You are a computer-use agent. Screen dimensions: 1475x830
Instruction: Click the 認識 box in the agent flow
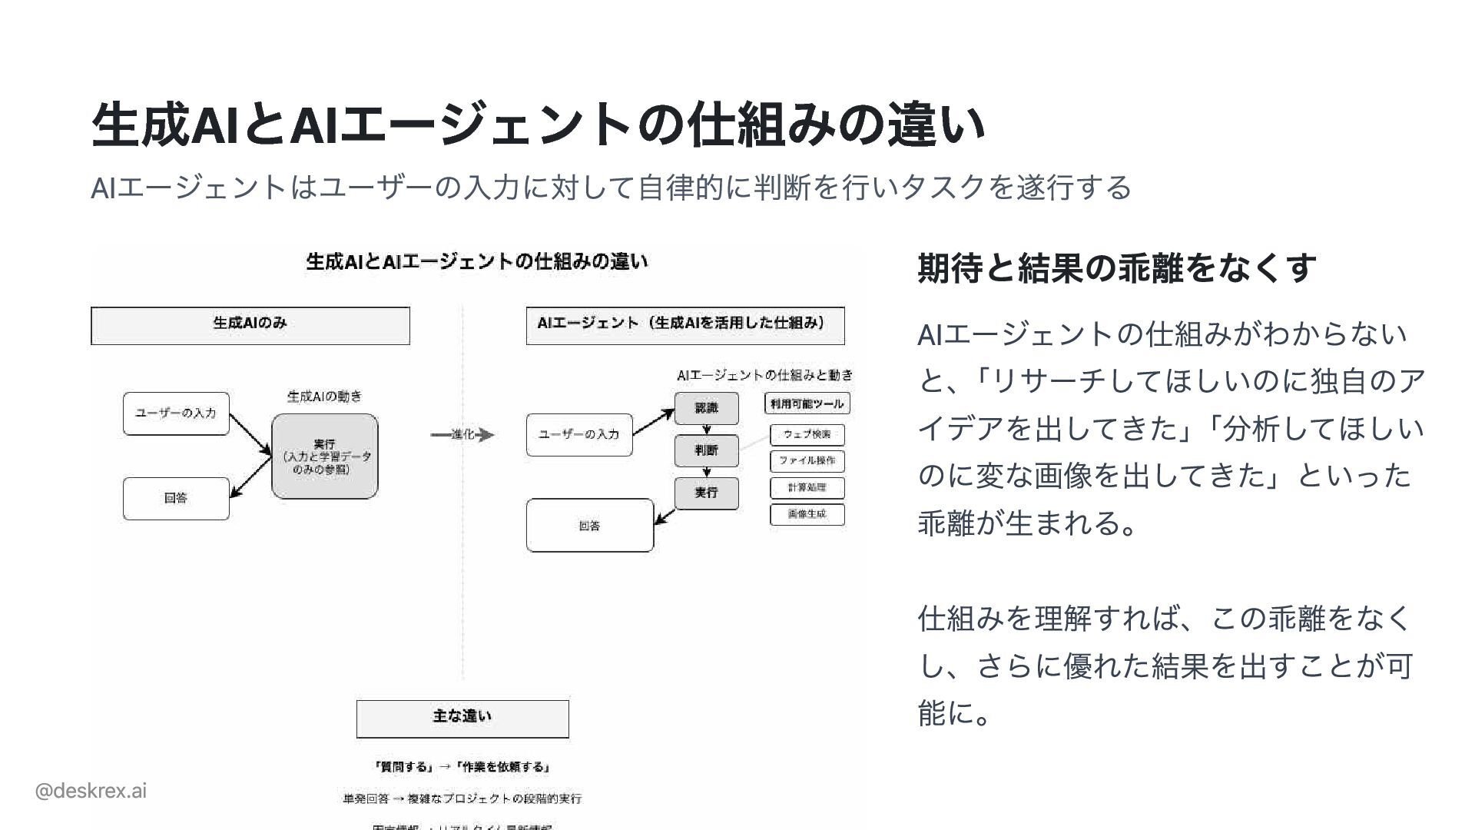point(706,408)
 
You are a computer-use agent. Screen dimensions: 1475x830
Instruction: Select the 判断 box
point(706,450)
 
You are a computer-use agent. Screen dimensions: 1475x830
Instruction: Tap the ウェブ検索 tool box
point(807,435)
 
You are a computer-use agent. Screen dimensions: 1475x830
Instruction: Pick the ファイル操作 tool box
point(807,461)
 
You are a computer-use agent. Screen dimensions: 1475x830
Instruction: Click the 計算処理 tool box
point(807,488)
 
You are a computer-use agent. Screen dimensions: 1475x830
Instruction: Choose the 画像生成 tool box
point(807,514)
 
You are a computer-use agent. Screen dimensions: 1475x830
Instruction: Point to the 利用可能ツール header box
point(807,403)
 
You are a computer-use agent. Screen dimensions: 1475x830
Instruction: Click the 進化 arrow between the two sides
point(462,435)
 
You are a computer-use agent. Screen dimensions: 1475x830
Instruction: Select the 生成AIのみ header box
point(250,325)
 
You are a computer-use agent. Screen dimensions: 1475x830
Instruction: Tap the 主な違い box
point(462,718)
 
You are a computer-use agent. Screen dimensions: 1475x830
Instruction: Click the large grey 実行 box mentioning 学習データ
point(324,456)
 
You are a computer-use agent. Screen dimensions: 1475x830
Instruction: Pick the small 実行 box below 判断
point(706,493)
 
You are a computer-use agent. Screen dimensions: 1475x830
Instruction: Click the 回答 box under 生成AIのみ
point(176,498)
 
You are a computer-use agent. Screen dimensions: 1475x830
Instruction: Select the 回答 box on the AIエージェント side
point(589,526)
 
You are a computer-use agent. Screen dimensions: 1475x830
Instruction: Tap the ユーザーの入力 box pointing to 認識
point(578,434)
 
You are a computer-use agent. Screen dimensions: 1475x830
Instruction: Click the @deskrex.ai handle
point(91,790)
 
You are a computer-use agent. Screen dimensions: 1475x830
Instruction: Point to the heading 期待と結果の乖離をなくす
point(1116,267)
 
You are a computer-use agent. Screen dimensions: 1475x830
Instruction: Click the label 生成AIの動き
point(324,397)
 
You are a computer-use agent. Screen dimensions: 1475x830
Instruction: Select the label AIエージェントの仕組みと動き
point(764,375)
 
